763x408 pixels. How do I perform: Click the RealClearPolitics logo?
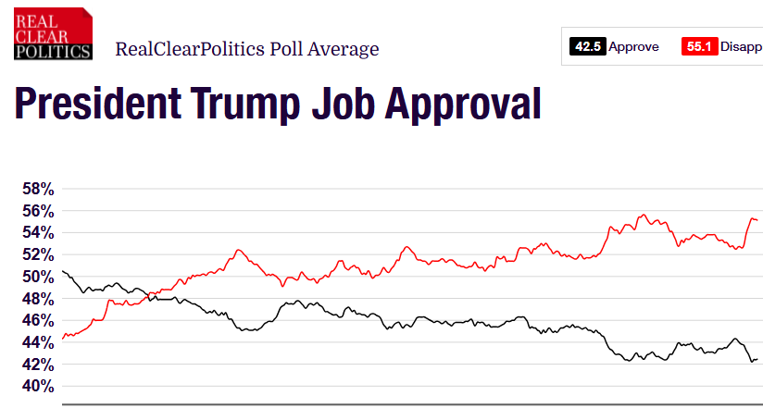(x=53, y=33)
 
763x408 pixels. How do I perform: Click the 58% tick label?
(x=39, y=189)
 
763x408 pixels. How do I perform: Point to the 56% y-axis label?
(x=39, y=211)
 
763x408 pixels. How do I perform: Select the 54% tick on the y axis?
(x=39, y=233)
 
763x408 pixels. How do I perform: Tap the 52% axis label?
(x=39, y=255)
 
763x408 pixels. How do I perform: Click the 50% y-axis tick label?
(x=39, y=277)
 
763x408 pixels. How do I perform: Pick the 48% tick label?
(x=39, y=299)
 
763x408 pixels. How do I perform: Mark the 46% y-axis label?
(x=39, y=320)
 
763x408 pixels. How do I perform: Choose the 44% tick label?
(x=39, y=342)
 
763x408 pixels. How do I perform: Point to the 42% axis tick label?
(x=39, y=365)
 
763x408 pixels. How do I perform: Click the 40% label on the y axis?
(x=39, y=387)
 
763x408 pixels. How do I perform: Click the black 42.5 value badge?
(x=587, y=46)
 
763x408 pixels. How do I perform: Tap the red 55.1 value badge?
(x=699, y=46)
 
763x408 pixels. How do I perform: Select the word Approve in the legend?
(x=633, y=46)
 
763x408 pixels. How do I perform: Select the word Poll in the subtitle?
(x=289, y=49)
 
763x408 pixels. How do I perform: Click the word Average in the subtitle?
(x=345, y=49)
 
